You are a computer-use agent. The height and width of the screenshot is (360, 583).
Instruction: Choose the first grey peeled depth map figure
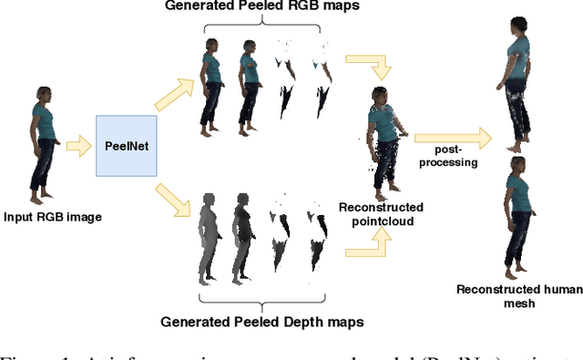coord(208,234)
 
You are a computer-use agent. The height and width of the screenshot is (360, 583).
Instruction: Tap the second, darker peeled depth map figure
coord(241,234)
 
